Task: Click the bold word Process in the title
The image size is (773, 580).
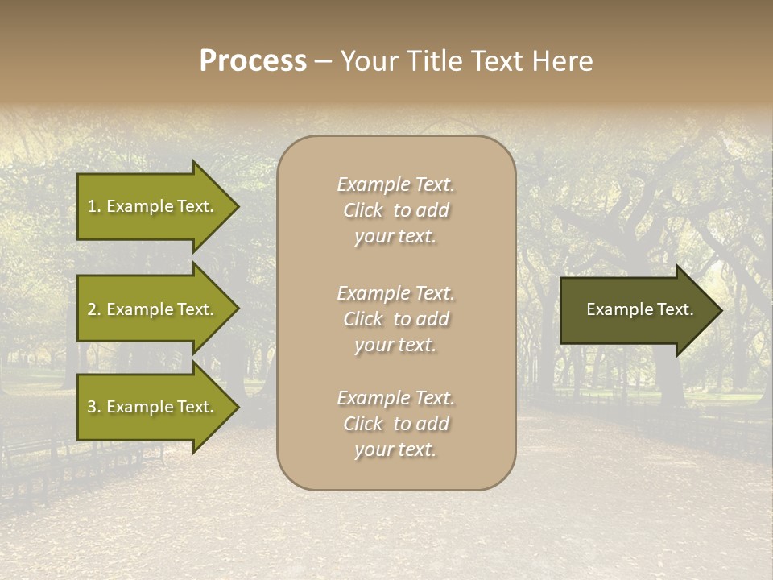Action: click(x=253, y=61)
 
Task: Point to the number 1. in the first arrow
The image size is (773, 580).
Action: click(x=94, y=206)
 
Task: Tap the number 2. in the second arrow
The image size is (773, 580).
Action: click(x=94, y=309)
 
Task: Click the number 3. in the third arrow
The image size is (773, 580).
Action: click(x=94, y=407)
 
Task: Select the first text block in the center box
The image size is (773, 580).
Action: click(x=395, y=210)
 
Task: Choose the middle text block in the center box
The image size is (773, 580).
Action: click(x=395, y=319)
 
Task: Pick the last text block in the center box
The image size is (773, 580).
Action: click(x=395, y=424)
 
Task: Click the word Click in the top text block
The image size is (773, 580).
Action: click(x=363, y=210)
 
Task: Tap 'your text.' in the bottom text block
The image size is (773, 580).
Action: click(x=395, y=449)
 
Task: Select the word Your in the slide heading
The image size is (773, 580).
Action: click(x=367, y=61)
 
